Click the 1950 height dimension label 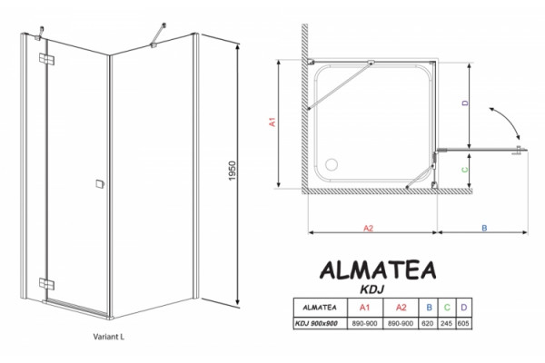click(233, 171)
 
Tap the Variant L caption click(108, 337)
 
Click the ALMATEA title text click(378, 270)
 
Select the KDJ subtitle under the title click(372, 289)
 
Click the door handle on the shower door click(100, 184)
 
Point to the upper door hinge click(46, 59)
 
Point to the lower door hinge click(46, 284)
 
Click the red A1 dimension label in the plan click(272, 122)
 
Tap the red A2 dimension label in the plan click(368, 228)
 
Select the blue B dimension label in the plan click(484, 228)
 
